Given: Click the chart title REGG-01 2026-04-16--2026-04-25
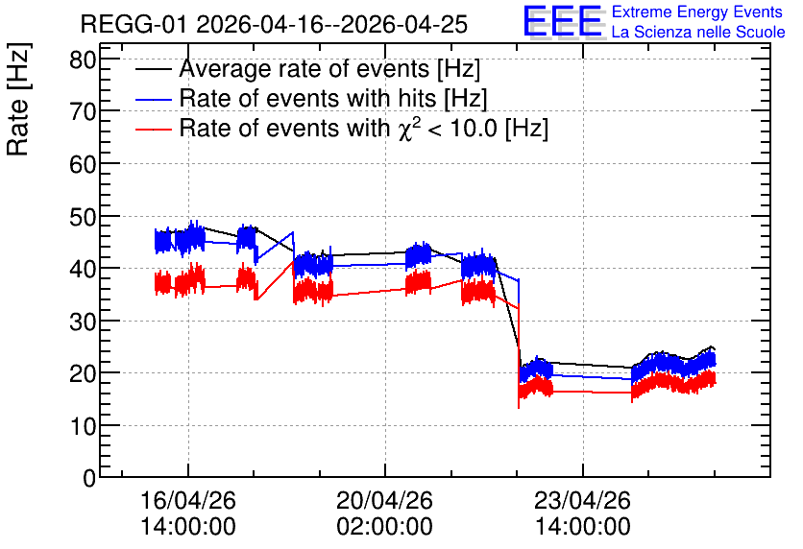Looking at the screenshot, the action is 274,24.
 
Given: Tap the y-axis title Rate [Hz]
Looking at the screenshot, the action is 18,99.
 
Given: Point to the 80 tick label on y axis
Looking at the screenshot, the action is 83,60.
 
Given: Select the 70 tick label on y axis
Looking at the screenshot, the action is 83,111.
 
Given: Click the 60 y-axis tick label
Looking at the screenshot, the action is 83,164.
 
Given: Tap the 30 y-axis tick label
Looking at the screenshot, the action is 83,322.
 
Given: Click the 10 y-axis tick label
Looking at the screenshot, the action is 83,426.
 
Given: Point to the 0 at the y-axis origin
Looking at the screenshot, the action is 89,478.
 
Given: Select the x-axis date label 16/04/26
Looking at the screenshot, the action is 188,500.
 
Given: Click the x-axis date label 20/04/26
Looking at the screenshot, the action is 384,500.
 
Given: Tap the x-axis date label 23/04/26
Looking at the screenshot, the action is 582,500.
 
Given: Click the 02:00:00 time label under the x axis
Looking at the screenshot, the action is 384,527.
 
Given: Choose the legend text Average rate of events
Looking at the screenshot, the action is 304,68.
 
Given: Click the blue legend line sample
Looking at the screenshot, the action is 153,100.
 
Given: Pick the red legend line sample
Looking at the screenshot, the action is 153,130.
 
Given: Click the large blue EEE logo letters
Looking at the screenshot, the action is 562,21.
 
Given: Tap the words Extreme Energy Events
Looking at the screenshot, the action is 697,12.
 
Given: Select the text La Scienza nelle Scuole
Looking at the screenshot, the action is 698,33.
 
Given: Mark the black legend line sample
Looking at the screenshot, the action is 153,69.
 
